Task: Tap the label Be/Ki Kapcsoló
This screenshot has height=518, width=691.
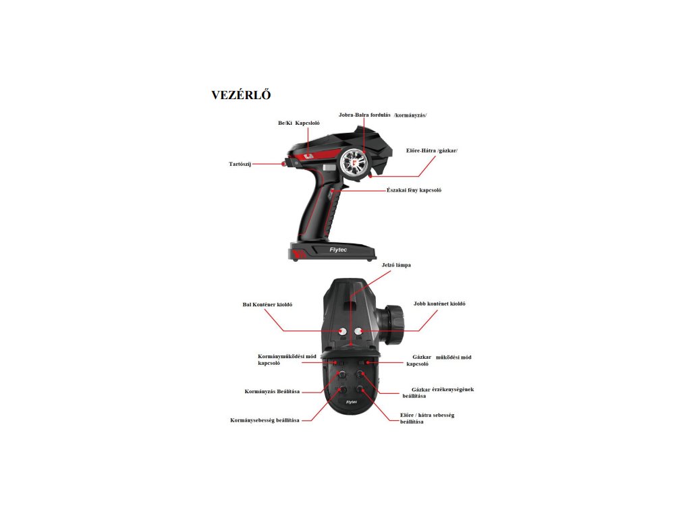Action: coord(298,123)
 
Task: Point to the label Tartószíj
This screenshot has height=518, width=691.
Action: coord(240,164)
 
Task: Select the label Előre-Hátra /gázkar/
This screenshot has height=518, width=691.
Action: coord(432,150)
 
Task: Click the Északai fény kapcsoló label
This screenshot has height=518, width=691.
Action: coord(414,190)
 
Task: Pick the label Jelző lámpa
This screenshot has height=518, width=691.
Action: coord(396,265)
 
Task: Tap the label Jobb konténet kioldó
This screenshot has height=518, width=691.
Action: coord(439,304)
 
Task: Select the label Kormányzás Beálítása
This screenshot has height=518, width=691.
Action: coord(272,391)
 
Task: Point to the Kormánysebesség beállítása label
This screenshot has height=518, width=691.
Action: coord(265,420)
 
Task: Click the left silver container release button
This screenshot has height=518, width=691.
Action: coord(342,331)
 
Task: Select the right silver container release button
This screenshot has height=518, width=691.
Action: coord(360,331)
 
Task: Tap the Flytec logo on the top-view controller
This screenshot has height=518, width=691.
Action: coord(351,402)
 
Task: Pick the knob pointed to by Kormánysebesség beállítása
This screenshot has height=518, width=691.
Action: coord(343,390)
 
